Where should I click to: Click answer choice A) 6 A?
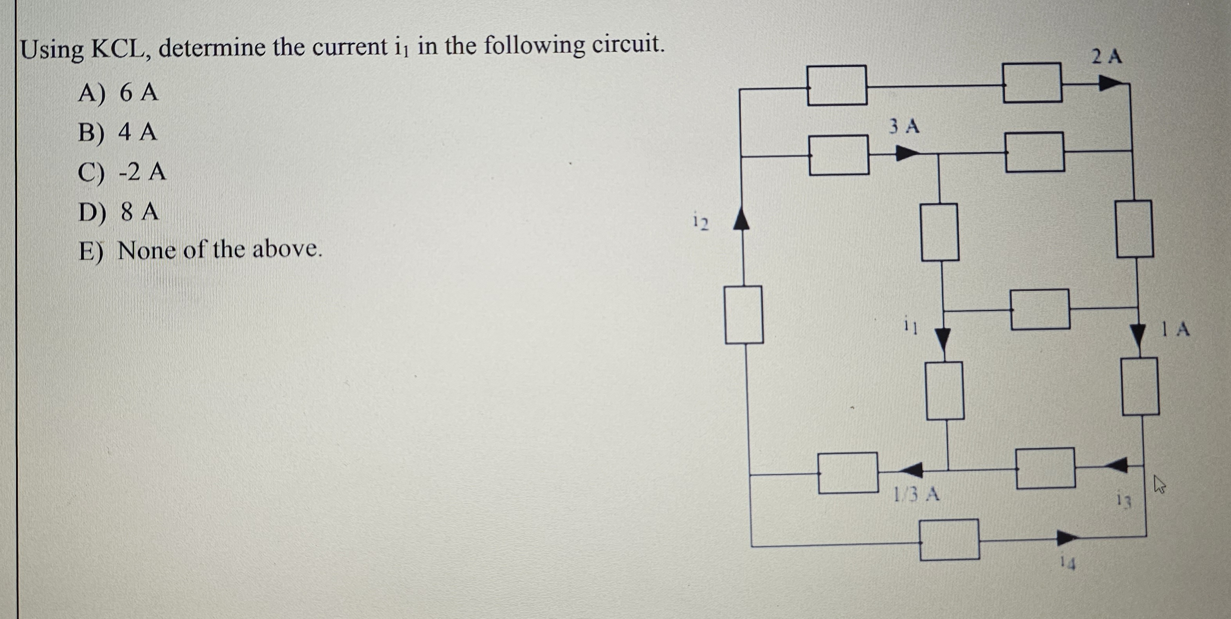pos(117,92)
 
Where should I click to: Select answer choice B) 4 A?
pos(117,132)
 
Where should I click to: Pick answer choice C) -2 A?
pos(122,172)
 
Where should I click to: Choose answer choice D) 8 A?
pos(119,212)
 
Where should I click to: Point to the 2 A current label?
pos(1107,57)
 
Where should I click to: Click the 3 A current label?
pos(904,126)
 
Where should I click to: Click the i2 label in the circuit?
pos(701,222)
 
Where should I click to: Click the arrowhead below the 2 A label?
pos(1110,84)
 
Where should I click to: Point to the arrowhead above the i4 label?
pos(1067,538)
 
